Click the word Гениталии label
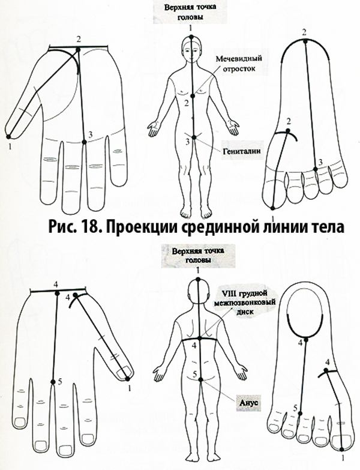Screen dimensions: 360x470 pyautogui.click(x=244, y=152)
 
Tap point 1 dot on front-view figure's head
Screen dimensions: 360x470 pyautogui.click(x=190, y=38)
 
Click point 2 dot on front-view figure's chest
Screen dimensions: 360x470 pyautogui.click(x=192, y=95)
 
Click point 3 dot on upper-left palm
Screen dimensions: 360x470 pyautogui.click(x=83, y=142)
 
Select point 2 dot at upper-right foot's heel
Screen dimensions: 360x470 pyautogui.click(x=305, y=41)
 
